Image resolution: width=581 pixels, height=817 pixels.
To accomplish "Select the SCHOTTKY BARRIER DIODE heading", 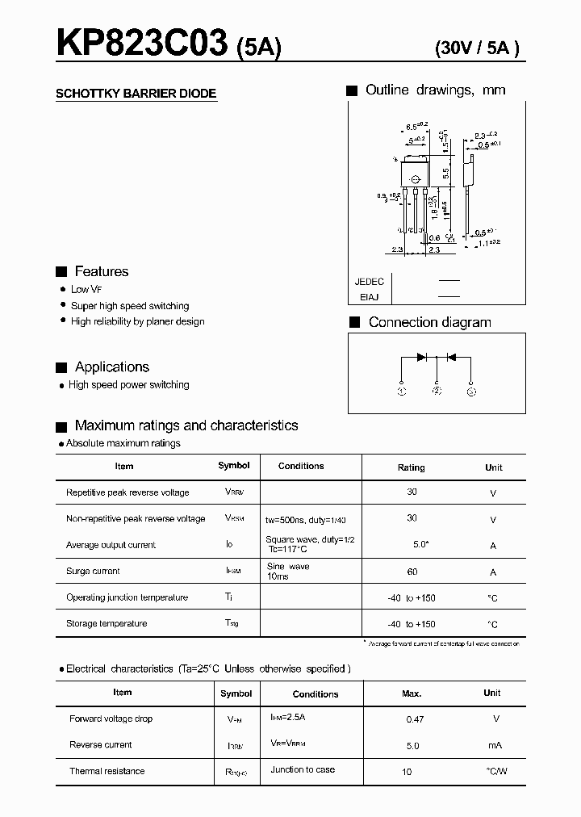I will point(136,94).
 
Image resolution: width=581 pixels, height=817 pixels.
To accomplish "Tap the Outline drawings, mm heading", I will point(435,90).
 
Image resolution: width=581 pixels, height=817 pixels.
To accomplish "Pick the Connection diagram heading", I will point(429,322).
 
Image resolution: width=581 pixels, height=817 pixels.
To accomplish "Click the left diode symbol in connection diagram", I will point(421,357).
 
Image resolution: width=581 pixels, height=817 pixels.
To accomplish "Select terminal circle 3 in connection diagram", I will point(471,392).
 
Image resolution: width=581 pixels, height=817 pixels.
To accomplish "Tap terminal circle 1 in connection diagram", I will point(402,392).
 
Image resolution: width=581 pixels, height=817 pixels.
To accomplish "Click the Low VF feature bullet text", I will point(86,289).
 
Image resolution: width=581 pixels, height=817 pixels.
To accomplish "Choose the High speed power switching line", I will point(129,385).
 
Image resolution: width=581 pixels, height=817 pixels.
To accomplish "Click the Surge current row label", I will point(93,571).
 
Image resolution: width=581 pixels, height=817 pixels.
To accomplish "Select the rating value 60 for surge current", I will point(412,571).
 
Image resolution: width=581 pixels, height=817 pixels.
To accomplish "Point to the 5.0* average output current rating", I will point(420,545).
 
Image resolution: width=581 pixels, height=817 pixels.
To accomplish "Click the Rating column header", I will point(412,467).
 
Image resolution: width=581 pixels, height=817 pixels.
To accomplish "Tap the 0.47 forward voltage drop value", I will point(414,719).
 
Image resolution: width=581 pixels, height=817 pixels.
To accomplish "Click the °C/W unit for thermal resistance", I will point(497,771).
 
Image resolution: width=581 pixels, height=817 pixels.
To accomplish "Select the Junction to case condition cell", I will point(303,769).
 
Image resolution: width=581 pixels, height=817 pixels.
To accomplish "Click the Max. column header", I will point(412,693).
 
